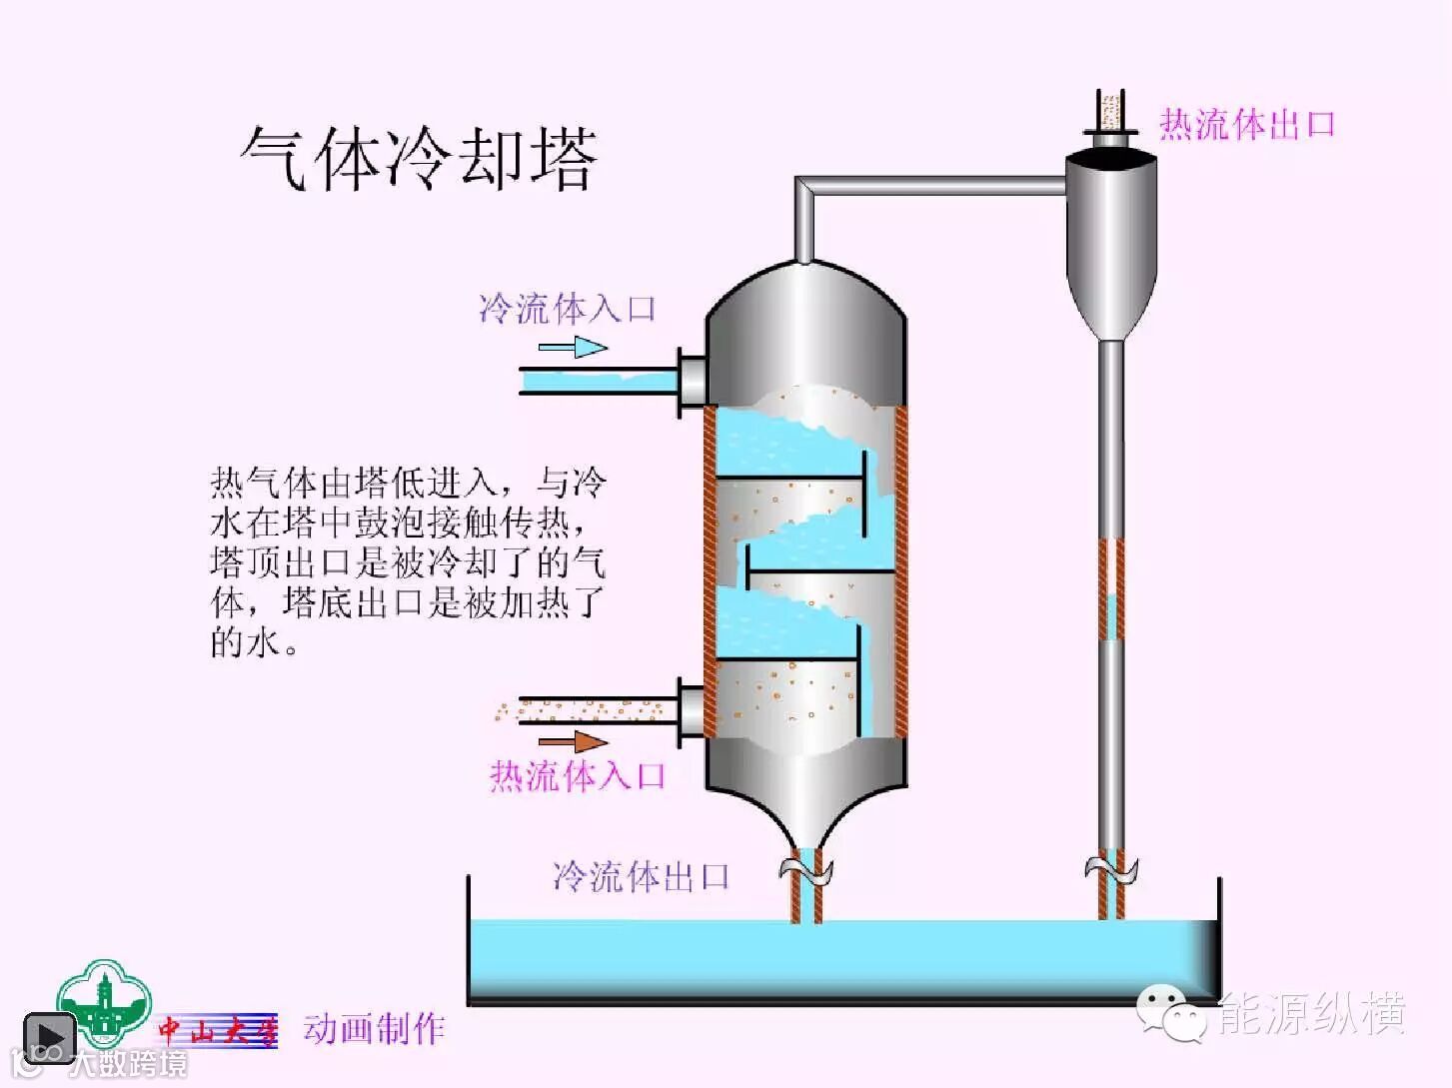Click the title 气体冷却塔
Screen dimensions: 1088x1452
[x=419, y=159]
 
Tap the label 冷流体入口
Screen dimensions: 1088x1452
[x=567, y=309]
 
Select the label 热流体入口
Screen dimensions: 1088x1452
[x=578, y=775]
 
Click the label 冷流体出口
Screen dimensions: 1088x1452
[x=641, y=876]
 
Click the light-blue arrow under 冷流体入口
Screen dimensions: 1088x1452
[x=573, y=348]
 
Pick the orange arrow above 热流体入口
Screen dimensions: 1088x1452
[x=573, y=742]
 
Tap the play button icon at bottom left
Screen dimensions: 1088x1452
[x=49, y=1037]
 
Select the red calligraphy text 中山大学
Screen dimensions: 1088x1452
[x=218, y=1030]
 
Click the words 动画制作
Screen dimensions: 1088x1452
[x=374, y=1028]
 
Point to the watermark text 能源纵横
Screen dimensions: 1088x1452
[x=1311, y=1014]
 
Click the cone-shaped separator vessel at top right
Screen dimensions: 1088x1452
[x=1110, y=240]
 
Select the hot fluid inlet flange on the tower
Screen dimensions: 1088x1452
[x=691, y=711]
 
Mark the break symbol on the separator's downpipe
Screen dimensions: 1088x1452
[x=1111, y=868]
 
